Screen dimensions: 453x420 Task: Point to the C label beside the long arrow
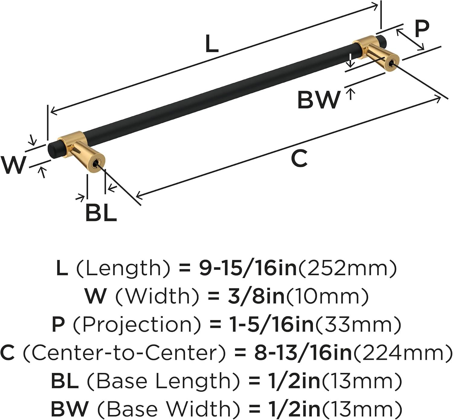tap(299, 158)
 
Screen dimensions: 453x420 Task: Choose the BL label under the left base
tap(101, 212)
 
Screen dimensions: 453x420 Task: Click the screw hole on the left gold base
tap(96, 163)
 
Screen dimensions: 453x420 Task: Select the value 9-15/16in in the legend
tap(248, 269)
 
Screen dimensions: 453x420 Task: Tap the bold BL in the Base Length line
tap(65, 380)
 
